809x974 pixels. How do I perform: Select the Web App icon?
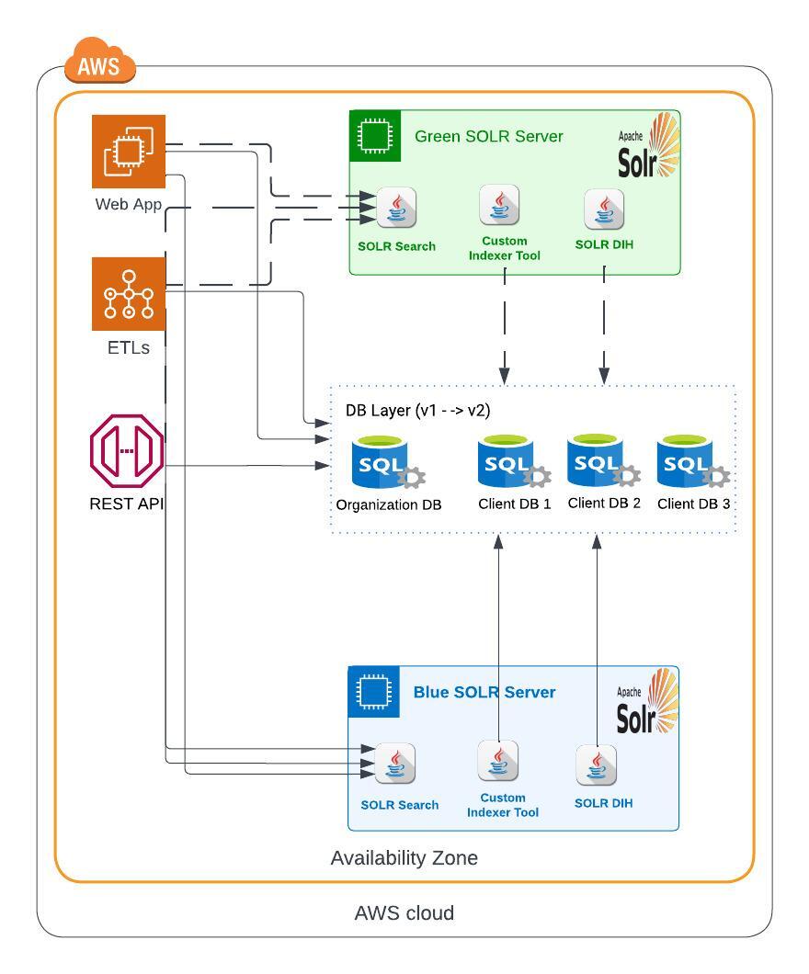click(128, 152)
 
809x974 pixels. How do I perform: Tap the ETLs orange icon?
click(128, 294)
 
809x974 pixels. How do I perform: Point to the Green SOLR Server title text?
click(488, 137)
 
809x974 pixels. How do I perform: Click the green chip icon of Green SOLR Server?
click(375, 136)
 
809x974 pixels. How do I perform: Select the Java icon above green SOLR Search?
click(396, 209)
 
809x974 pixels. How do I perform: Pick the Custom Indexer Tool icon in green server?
click(498, 205)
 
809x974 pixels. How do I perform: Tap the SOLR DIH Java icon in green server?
click(604, 210)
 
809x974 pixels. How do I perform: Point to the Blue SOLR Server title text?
click(484, 692)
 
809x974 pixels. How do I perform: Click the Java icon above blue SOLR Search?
click(395, 764)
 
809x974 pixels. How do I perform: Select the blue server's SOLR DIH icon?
click(596, 765)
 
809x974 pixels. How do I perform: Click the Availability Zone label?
click(404, 858)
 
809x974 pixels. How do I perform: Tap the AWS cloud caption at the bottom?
click(404, 913)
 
